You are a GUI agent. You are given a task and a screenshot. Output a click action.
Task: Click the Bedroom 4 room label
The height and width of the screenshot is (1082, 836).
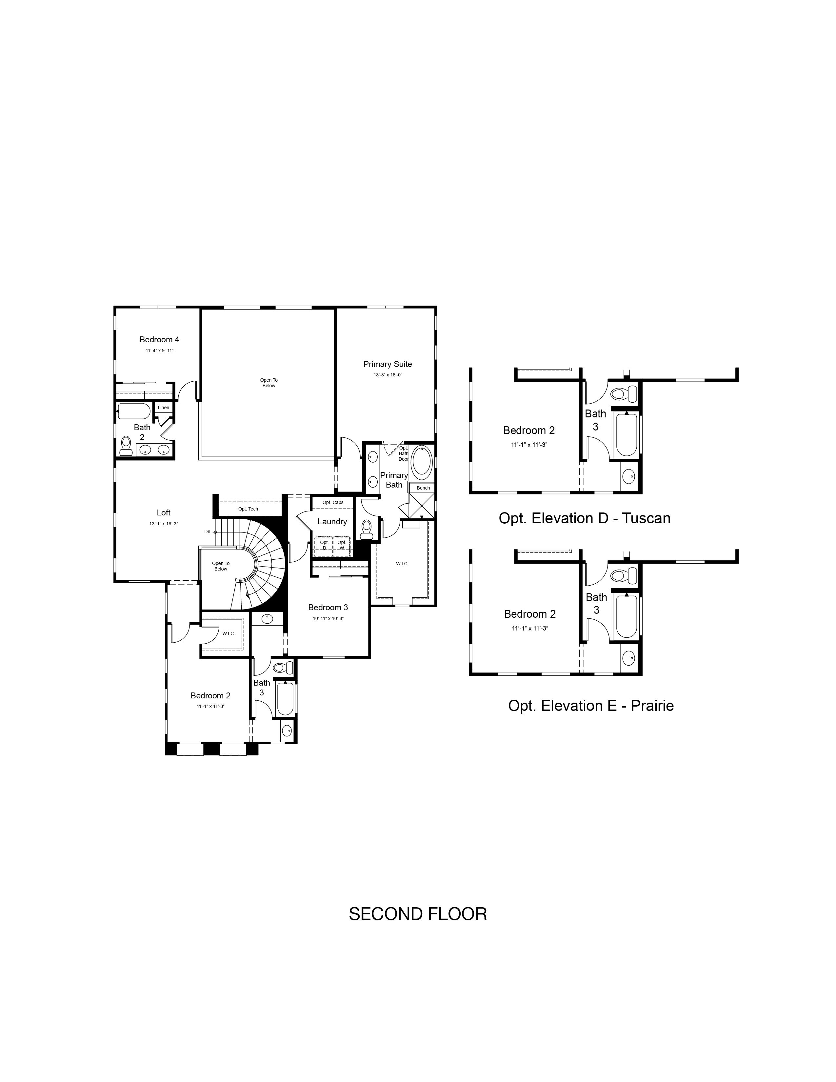(x=159, y=339)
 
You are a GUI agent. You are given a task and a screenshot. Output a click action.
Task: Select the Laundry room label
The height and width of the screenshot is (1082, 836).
(x=332, y=521)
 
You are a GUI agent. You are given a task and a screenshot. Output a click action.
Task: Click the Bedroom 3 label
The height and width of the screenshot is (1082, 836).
(x=328, y=607)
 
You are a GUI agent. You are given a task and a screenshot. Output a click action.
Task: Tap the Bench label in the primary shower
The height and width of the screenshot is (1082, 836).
(x=424, y=488)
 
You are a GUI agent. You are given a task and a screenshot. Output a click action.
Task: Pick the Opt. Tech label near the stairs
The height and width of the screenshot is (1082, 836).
(x=248, y=509)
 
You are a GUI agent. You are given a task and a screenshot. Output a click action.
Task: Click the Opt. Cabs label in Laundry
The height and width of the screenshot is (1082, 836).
(x=333, y=502)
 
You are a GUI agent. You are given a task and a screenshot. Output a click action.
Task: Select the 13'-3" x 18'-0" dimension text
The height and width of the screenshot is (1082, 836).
(x=388, y=375)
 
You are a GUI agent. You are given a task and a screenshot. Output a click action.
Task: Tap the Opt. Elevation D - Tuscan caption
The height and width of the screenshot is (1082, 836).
(x=585, y=518)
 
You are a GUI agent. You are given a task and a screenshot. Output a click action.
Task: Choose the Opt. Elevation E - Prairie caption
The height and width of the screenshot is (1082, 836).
(x=591, y=706)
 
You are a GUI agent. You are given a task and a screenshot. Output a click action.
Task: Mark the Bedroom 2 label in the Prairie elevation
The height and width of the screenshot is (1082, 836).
(x=530, y=614)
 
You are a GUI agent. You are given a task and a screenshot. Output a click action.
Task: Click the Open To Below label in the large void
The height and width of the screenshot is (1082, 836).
(x=269, y=383)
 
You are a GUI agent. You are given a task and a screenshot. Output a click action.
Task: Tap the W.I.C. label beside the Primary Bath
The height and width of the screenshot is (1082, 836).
(x=402, y=564)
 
